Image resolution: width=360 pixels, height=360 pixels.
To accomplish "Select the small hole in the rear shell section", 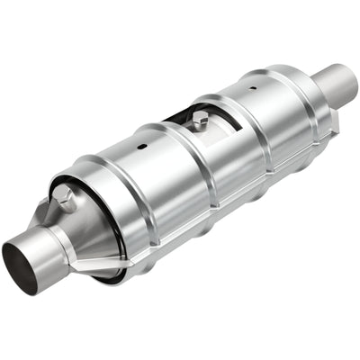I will click(251, 87).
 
